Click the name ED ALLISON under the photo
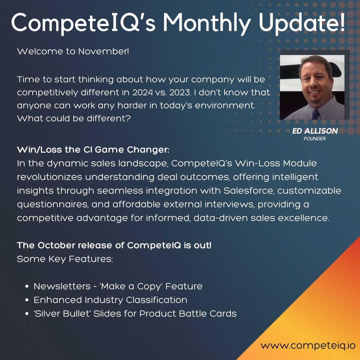[x=315, y=131]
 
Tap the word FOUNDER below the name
[x=315, y=139]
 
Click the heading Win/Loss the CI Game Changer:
[x=93, y=150]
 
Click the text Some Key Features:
[x=65, y=259]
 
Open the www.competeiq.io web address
[x=308, y=345]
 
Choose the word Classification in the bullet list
[x=157, y=300]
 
